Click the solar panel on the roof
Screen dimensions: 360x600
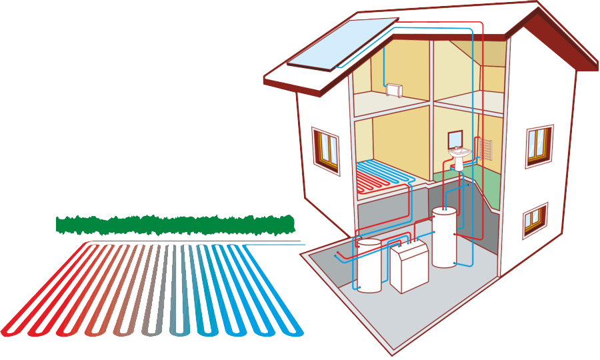tap(342, 43)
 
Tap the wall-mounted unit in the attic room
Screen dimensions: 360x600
tap(395, 88)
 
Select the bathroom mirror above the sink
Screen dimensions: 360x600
tap(457, 139)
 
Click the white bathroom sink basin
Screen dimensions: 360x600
tap(459, 153)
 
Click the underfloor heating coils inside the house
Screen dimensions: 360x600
tap(383, 175)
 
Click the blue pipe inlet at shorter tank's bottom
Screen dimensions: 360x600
tap(359, 289)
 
